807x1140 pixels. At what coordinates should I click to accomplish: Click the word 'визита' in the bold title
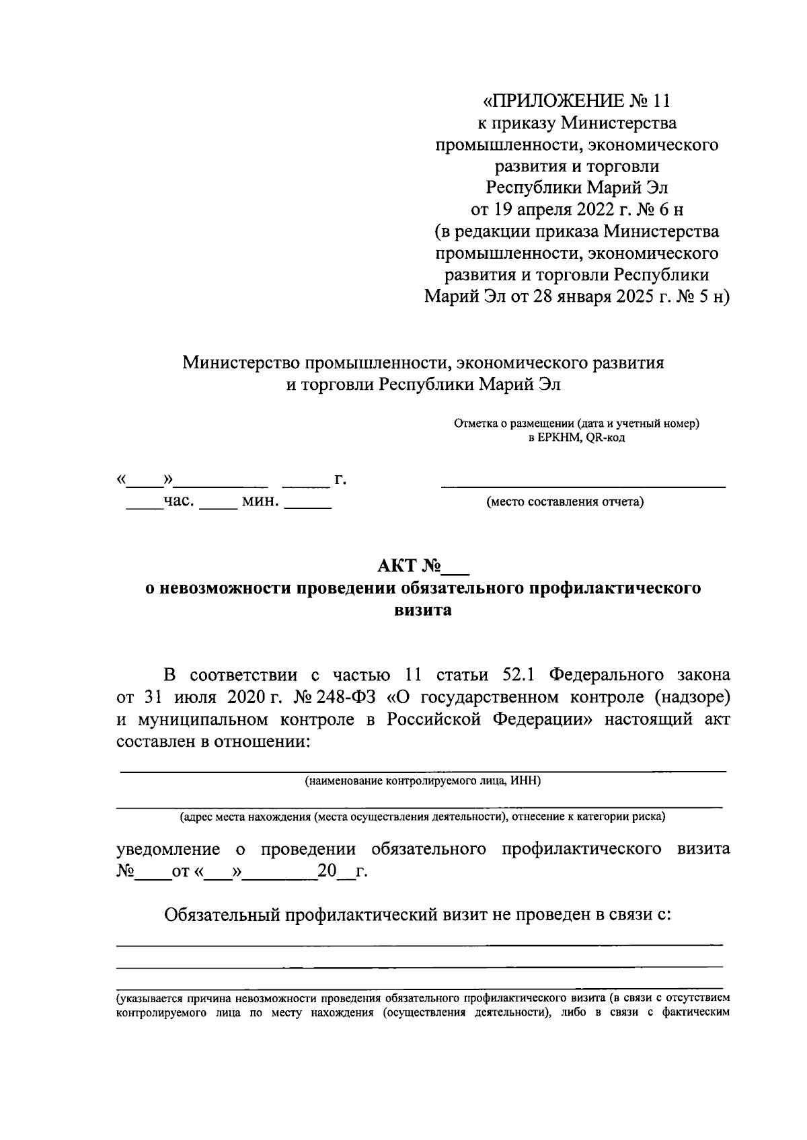tap(423, 610)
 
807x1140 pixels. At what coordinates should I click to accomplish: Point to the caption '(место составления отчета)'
tap(565, 502)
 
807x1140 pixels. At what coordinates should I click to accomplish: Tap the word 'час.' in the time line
tap(180, 501)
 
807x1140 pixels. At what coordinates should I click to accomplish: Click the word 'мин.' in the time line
tap(260, 501)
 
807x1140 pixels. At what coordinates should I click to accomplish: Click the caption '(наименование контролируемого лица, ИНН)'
tap(422, 781)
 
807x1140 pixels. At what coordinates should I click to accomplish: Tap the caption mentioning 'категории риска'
tap(422, 817)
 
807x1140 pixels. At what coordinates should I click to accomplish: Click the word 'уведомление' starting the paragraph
tap(168, 849)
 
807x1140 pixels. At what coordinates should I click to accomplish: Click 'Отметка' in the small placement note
tap(475, 424)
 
